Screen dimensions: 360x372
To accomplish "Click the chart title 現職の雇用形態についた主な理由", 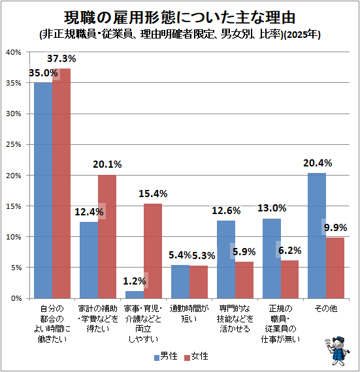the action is pyautogui.click(x=180, y=18).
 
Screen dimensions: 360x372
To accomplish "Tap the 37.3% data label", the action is pyautogui.click(x=61, y=59).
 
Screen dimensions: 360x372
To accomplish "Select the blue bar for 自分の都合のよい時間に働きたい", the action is pyautogui.click(x=43, y=191).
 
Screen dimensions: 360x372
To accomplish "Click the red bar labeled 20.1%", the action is pyautogui.click(x=107, y=236).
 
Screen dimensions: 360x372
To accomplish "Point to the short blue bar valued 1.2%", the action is pyautogui.click(x=135, y=294).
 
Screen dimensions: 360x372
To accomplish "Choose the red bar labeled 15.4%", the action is pyautogui.click(x=153, y=251).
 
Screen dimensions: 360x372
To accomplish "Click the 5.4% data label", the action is pyautogui.click(x=180, y=255).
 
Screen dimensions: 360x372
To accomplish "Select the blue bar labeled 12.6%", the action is pyautogui.click(x=226, y=259).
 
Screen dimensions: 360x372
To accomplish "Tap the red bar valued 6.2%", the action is pyautogui.click(x=289, y=279).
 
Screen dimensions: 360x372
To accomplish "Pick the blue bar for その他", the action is pyautogui.click(x=317, y=236).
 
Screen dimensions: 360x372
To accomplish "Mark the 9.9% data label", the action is pyautogui.click(x=336, y=228).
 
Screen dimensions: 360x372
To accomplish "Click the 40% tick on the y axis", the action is pyautogui.click(x=14, y=52).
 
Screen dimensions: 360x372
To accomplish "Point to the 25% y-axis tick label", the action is pyautogui.click(x=14, y=144).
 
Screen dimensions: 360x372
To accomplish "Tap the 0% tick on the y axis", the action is pyautogui.click(x=16, y=298).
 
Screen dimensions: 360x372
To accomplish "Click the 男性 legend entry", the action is pyautogui.click(x=166, y=356).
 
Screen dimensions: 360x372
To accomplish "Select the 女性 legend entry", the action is pyautogui.click(x=197, y=356).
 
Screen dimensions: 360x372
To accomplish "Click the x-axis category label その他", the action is pyautogui.click(x=326, y=309).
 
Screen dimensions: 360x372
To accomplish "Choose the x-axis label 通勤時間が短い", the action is pyautogui.click(x=189, y=314).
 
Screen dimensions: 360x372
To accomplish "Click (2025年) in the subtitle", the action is pyautogui.click(x=303, y=35).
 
